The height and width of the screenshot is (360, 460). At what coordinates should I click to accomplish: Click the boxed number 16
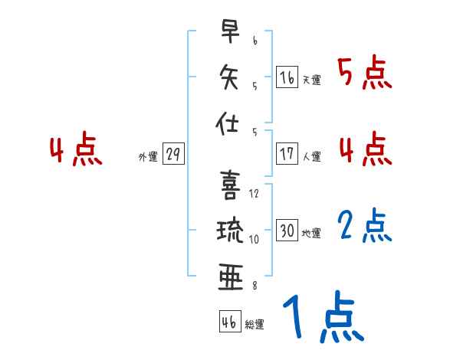(287, 77)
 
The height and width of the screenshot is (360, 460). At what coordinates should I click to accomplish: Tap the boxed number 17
(287, 154)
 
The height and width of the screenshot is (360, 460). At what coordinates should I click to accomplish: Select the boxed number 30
(287, 231)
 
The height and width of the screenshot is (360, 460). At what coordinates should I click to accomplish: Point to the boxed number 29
(172, 154)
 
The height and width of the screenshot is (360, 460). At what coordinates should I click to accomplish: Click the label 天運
(311, 80)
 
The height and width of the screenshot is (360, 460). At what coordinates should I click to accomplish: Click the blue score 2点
(364, 226)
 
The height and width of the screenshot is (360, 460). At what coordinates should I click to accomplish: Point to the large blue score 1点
(322, 317)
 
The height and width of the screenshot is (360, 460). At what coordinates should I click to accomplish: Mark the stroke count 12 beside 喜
(255, 194)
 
